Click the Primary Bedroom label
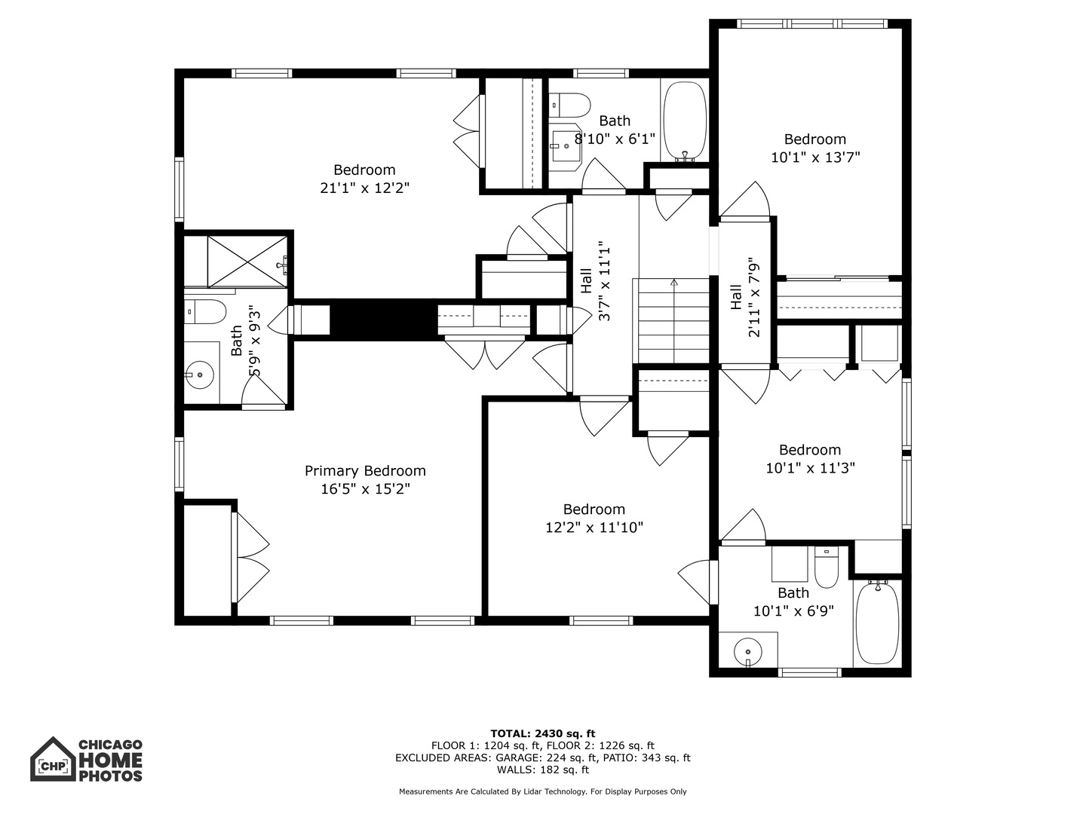click(x=365, y=470)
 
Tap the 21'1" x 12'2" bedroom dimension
click(x=364, y=188)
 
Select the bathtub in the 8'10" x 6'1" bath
click(x=686, y=121)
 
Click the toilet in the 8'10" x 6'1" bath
click(x=569, y=106)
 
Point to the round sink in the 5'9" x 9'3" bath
click(x=199, y=375)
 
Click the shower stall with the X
click(x=247, y=262)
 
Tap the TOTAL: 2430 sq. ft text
click(x=543, y=733)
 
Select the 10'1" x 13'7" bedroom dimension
click(x=815, y=158)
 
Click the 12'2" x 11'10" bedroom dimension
click(x=594, y=528)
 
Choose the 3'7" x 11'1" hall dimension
click(x=604, y=281)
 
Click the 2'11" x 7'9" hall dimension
click(x=753, y=298)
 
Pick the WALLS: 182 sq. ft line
click(x=543, y=770)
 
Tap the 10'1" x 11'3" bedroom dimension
click(x=811, y=467)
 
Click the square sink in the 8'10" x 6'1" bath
click(x=565, y=147)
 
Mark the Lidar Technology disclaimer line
click(x=543, y=791)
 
